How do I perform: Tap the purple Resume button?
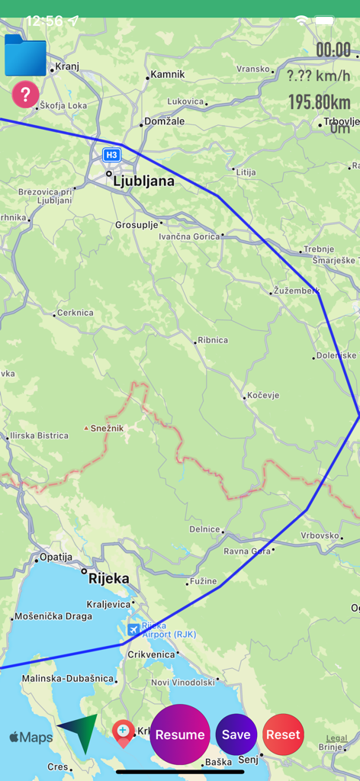(180, 734)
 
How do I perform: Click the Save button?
(236, 734)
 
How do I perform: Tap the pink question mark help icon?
(25, 95)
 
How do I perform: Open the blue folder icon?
(25, 55)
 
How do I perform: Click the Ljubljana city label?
(143, 182)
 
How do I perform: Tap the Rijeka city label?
(109, 578)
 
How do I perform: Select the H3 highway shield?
(112, 155)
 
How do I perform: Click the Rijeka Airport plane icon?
(134, 629)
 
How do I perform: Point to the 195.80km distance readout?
(319, 101)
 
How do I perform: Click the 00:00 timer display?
(333, 50)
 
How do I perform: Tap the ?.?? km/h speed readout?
(319, 76)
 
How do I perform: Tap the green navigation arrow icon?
(79, 733)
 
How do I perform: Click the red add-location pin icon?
(123, 733)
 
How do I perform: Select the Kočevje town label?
(263, 396)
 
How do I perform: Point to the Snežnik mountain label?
(107, 429)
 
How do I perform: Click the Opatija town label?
(56, 558)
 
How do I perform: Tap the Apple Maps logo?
(31, 738)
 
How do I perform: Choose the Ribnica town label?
(212, 341)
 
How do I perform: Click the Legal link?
(336, 738)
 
